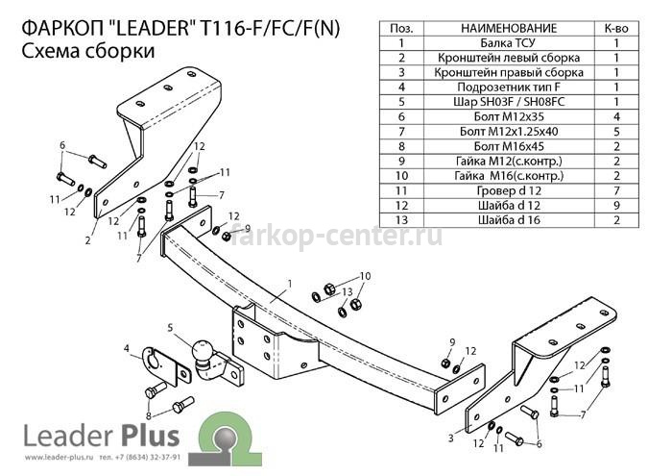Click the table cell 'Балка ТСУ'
pyautogui.click(x=508, y=43)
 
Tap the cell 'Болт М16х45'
pyautogui.click(x=508, y=146)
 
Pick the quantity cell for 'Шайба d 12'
pyautogui.click(x=616, y=205)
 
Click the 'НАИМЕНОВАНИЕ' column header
pyautogui.click(x=508, y=28)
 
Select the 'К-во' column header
pyautogui.click(x=616, y=28)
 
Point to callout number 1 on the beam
pyautogui.click(x=290, y=284)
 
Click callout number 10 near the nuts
pyautogui.click(x=365, y=276)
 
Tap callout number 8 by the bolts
pyautogui.click(x=149, y=415)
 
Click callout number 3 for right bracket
pyautogui.click(x=451, y=438)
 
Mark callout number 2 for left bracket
pyautogui.click(x=88, y=240)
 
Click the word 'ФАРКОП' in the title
pyautogui.click(x=62, y=28)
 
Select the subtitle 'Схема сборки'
pyautogui.click(x=88, y=51)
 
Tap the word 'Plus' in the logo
pyautogui.click(x=151, y=436)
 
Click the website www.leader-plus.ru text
pyautogui.click(x=59, y=458)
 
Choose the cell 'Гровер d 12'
pyautogui.click(x=508, y=190)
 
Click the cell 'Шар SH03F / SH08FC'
pyautogui.click(x=508, y=102)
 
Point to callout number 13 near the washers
pyautogui.click(x=348, y=292)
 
